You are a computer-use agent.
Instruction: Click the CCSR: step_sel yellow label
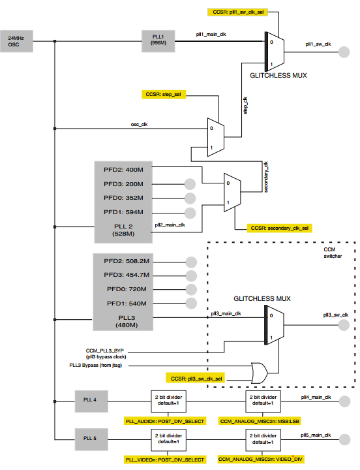tap(162, 95)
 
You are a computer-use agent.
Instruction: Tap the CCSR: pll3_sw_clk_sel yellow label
tap(194, 378)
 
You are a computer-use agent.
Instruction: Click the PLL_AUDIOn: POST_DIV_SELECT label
tap(164, 422)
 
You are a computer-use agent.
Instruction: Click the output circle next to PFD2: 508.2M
tap(192, 261)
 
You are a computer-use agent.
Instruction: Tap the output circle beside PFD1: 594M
tap(190, 212)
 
